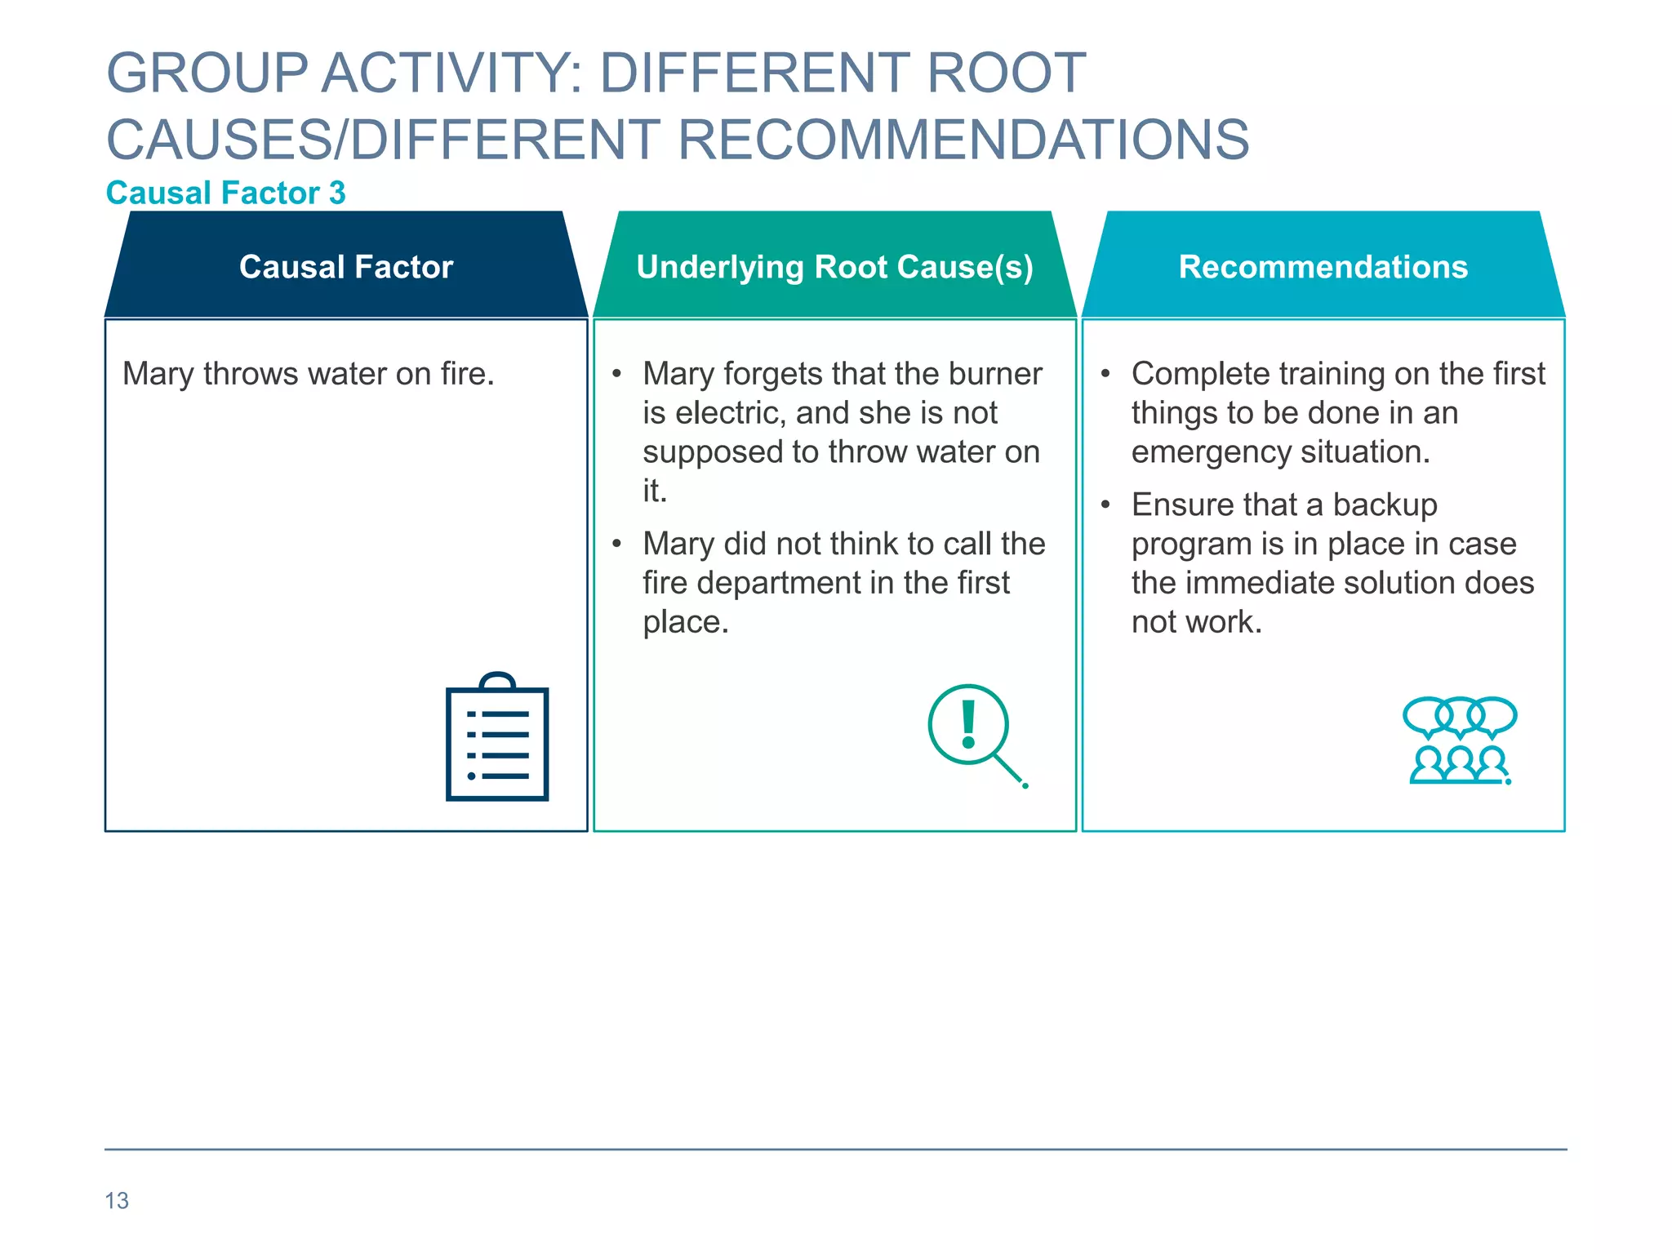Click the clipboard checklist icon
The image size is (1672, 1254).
(x=497, y=737)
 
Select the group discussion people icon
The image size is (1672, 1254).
(x=1460, y=740)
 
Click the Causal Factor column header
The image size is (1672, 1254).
(x=346, y=267)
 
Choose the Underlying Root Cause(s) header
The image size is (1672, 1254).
(x=834, y=267)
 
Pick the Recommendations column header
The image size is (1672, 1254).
(x=1323, y=267)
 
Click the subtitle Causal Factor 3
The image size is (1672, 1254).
(x=226, y=193)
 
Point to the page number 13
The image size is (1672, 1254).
(x=117, y=1200)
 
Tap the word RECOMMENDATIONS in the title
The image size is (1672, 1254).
(x=963, y=140)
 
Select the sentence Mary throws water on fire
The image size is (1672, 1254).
(x=309, y=374)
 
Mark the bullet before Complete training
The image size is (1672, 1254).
(x=1105, y=374)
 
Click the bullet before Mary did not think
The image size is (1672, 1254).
(x=617, y=544)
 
